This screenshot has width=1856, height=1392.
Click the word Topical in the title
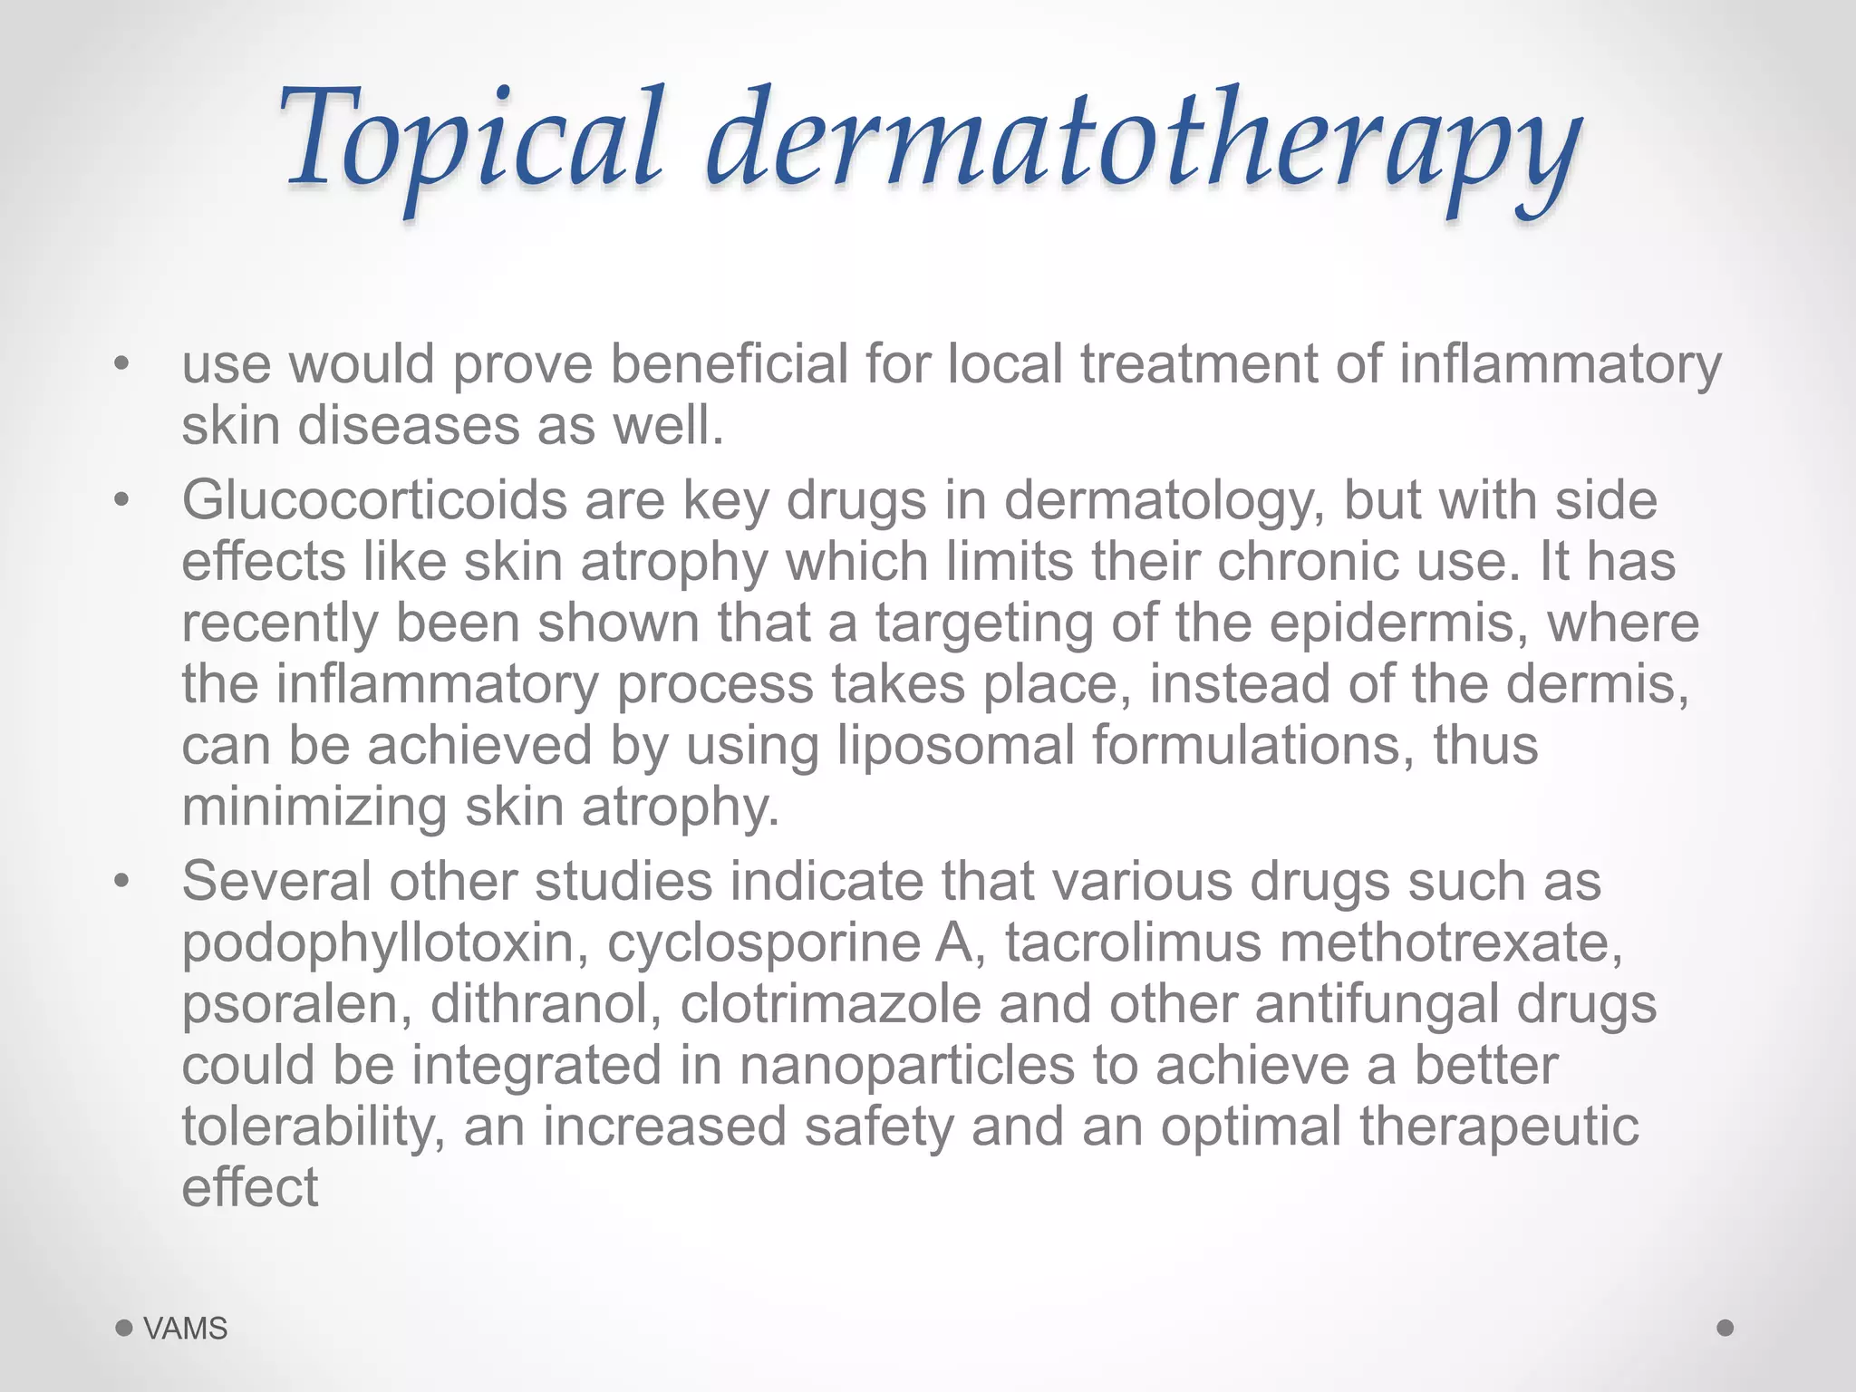pos(471,140)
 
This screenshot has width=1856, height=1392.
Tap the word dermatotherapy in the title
pos(1144,145)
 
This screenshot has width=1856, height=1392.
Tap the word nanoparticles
pos(907,1066)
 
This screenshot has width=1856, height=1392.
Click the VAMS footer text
pos(186,1329)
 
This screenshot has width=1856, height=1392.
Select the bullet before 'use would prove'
pos(123,364)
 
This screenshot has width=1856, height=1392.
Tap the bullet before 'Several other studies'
pos(123,881)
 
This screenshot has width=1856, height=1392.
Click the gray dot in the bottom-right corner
pos(1725,1328)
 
